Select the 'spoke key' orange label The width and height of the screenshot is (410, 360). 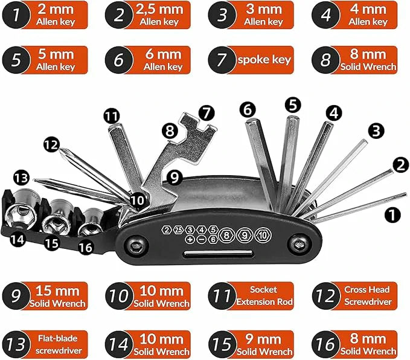click(x=264, y=60)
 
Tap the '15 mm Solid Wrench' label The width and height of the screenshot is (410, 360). click(x=58, y=295)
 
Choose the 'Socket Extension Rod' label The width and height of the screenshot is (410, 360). click(x=264, y=295)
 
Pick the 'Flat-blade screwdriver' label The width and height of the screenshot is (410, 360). click(x=58, y=344)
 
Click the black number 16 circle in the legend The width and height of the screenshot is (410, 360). click(x=325, y=344)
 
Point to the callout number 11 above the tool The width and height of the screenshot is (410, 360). click(x=112, y=115)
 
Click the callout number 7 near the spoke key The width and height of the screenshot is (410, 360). click(x=207, y=112)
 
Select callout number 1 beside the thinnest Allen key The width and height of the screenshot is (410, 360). click(x=392, y=214)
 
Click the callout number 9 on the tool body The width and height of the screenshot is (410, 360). click(x=175, y=177)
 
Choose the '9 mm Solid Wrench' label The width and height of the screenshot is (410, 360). click(x=264, y=344)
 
